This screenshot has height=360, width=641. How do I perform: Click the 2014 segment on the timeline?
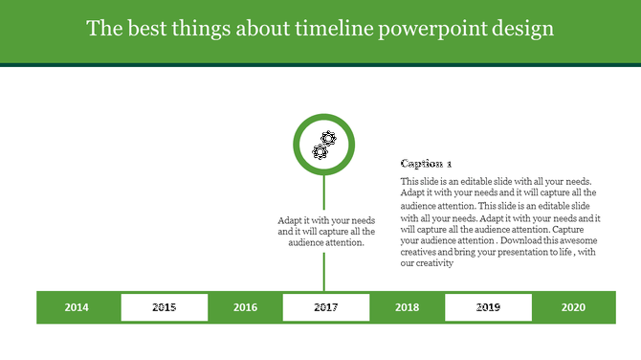pyautogui.click(x=77, y=307)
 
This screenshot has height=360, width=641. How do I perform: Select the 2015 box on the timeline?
pyautogui.click(x=164, y=307)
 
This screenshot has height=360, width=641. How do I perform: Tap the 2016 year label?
pyautogui.click(x=245, y=307)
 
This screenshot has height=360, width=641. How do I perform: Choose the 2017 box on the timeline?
pyautogui.click(x=325, y=307)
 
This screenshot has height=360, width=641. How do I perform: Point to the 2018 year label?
pyautogui.click(x=407, y=307)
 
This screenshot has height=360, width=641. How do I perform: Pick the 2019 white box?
pyautogui.click(x=488, y=307)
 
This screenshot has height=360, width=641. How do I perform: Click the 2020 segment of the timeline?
pyautogui.click(x=573, y=307)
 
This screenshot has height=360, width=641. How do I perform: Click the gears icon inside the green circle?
pyautogui.click(x=324, y=146)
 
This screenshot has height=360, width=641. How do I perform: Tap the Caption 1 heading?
pyautogui.click(x=426, y=164)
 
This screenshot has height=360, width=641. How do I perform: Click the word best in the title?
pyautogui.click(x=140, y=29)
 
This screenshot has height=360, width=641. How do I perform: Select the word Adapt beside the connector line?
pyautogui.click(x=292, y=219)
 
